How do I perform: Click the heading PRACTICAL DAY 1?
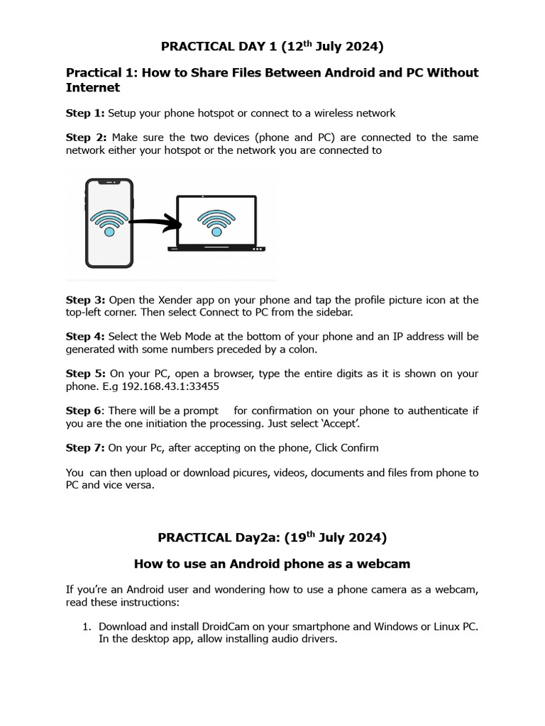point(272,47)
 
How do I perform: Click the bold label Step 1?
point(85,113)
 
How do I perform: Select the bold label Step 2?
point(85,137)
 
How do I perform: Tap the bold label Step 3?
point(85,300)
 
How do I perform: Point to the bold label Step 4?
point(85,337)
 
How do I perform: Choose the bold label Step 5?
point(85,374)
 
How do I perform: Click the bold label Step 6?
point(84,411)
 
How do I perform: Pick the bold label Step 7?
point(85,447)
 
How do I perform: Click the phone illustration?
point(109,223)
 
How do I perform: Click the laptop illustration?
point(216,223)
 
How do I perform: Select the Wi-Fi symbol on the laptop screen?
point(216,220)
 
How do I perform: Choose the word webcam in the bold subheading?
point(383,564)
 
